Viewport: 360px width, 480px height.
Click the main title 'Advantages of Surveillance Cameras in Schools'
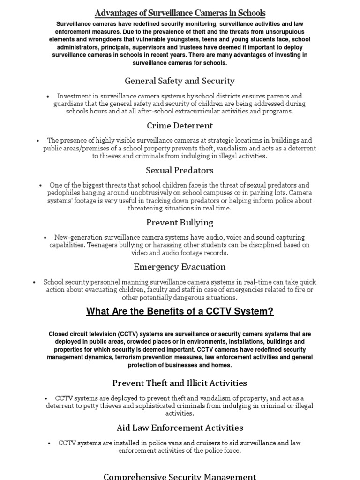pos(180,13)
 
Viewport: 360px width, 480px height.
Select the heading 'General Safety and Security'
pos(180,81)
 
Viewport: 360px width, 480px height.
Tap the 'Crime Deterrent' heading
pos(180,126)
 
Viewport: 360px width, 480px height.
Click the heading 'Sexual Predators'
pos(180,170)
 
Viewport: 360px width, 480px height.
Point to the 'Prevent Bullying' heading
pos(180,222)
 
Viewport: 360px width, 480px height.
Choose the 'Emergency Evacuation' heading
pos(180,267)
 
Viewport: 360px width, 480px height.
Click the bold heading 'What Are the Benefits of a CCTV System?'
pos(180,311)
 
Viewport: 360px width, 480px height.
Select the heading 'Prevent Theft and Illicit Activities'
pos(180,383)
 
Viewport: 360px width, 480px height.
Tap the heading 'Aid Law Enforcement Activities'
pos(180,427)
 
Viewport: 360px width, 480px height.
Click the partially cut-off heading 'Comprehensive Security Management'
pos(180,476)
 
